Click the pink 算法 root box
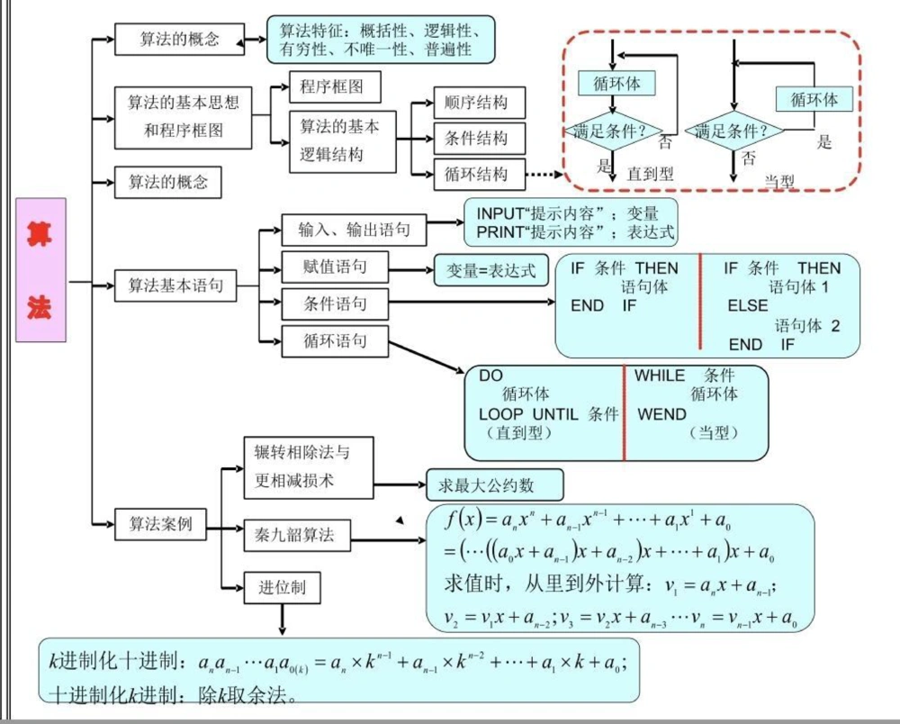point(40,270)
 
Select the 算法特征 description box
point(382,40)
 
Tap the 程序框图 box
point(335,87)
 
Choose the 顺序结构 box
point(476,103)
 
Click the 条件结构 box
point(476,139)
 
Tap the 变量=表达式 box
point(491,270)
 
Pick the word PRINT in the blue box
point(499,232)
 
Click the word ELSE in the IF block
point(747,305)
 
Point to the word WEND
point(661,414)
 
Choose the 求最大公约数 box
point(493,485)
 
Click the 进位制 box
point(283,588)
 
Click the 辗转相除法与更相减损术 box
point(308,466)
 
